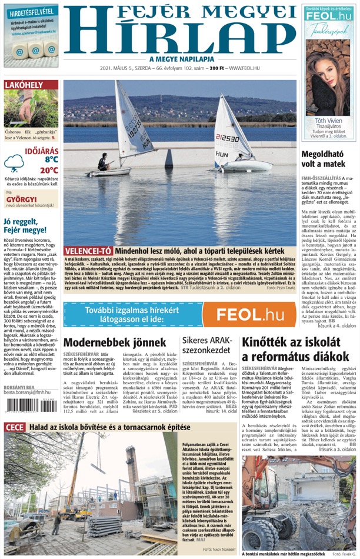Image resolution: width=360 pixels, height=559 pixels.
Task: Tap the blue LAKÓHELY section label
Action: pyautogui.click(x=24, y=85)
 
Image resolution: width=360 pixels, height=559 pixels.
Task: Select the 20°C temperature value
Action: pyautogui.click(x=49, y=170)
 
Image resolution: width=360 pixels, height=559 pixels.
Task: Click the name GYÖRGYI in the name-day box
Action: pyautogui.click(x=21, y=198)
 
